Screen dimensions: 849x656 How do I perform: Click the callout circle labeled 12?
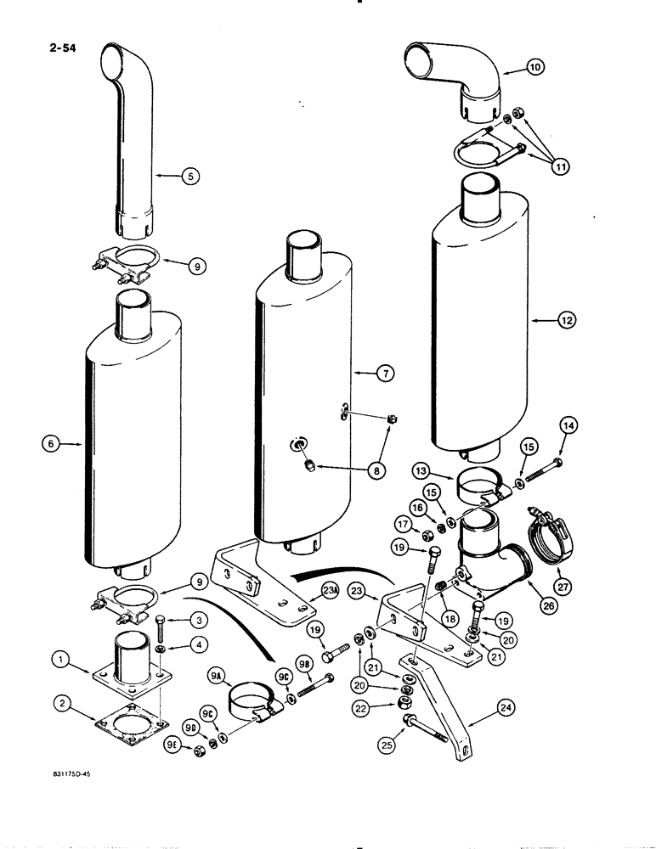pyautogui.click(x=566, y=320)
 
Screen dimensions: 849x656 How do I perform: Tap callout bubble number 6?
pyautogui.click(x=50, y=441)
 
